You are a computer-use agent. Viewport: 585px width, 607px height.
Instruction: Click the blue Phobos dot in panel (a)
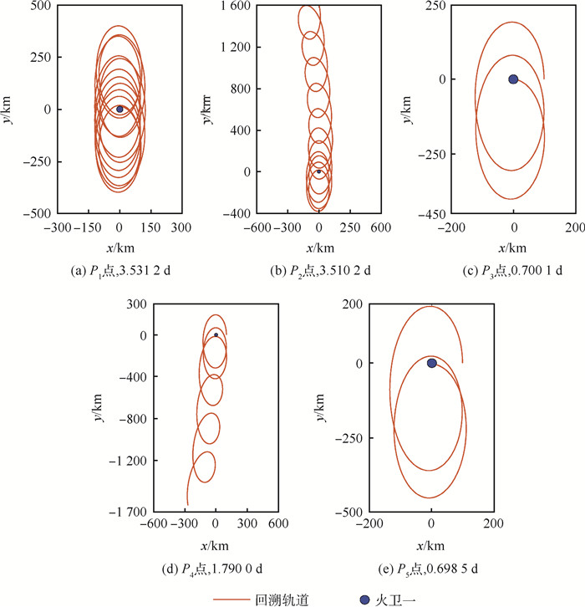(120, 109)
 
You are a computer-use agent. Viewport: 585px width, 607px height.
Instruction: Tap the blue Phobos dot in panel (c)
(513, 79)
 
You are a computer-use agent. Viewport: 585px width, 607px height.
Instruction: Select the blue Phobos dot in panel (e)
(432, 363)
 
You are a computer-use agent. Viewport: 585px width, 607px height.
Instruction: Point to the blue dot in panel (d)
(216, 334)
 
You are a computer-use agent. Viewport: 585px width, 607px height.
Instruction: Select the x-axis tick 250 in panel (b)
(349, 227)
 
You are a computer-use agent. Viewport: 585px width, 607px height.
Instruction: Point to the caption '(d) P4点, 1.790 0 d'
(215, 569)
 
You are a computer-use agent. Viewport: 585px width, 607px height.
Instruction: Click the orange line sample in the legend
(234, 599)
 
